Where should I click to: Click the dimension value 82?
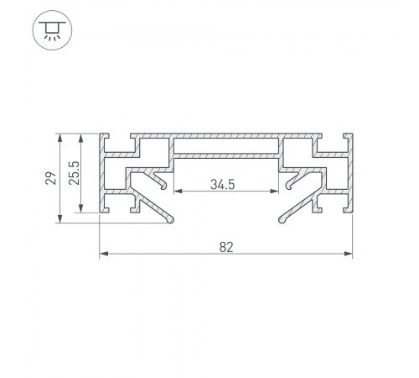pyautogui.click(x=226, y=247)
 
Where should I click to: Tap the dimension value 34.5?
pyautogui.click(x=223, y=185)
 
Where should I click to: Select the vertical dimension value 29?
pyautogui.click(x=51, y=178)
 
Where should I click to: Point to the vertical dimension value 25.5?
pyautogui.click(x=75, y=173)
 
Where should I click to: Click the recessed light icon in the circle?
pyautogui.click(x=52, y=30)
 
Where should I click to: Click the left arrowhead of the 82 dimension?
pyautogui.click(x=104, y=254)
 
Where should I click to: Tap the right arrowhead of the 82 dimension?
pyautogui.click(x=348, y=254)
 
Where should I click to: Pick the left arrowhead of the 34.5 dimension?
pyautogui.click(x=178, y=192)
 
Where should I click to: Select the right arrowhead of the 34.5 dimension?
pyautogui.click(x=274, y=192)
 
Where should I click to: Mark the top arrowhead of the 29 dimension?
pyautogui.click(x=59, y=138)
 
